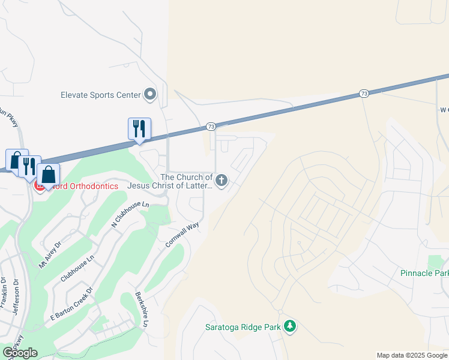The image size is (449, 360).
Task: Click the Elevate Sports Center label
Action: tap(100, 95)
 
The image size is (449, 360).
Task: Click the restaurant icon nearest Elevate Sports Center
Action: tap(139, 129)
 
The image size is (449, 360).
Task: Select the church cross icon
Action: tap(222, 181)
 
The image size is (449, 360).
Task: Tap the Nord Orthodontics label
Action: tap(84, 186)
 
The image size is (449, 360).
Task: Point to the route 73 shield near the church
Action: tap(211, 127)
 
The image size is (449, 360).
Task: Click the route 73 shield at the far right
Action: tap(364, 93)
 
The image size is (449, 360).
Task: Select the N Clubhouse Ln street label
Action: tap(130, 214)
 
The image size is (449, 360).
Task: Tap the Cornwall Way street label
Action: tap(182, 236)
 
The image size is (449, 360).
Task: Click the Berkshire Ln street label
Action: tap(142, 310)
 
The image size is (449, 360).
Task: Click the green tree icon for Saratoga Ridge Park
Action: tap(291, 326)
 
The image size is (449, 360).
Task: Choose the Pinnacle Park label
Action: tap(424, 273)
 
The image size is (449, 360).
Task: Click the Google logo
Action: tap(20, 353)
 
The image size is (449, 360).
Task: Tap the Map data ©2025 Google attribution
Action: tap(412, 355)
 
